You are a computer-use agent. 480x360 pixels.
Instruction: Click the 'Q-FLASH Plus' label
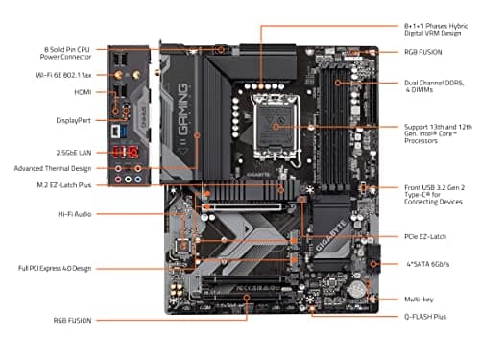tap(428, 315)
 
